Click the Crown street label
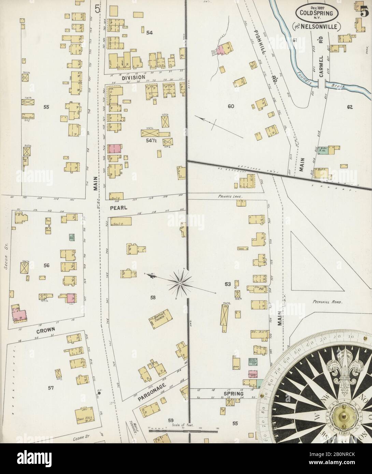[x=45, y=330]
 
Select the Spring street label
[x=234, y=394]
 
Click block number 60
[x=231, y=106]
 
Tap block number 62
[x=349, y=107]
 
